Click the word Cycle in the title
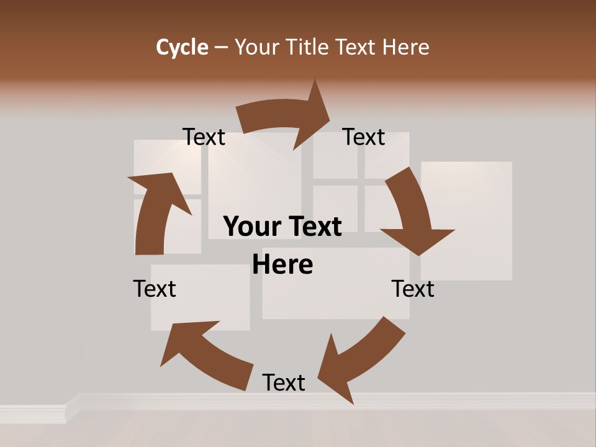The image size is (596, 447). (x=182, y=47)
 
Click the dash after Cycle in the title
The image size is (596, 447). (x=221, y=47)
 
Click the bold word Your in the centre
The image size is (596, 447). (x=251, y=227)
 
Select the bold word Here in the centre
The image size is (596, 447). (x=282, y=264)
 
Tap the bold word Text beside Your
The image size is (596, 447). (x=313, y=227)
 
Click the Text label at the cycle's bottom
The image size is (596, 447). (x=284, y=382)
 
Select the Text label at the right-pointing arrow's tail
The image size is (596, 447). (x=204, y=137)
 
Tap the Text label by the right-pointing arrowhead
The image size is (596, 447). (x=364, y=137)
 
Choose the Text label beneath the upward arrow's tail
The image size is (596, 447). (x=155, y=289)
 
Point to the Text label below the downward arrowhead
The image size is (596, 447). (x=413, y=289)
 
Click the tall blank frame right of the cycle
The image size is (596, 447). (x=467, y=220)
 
